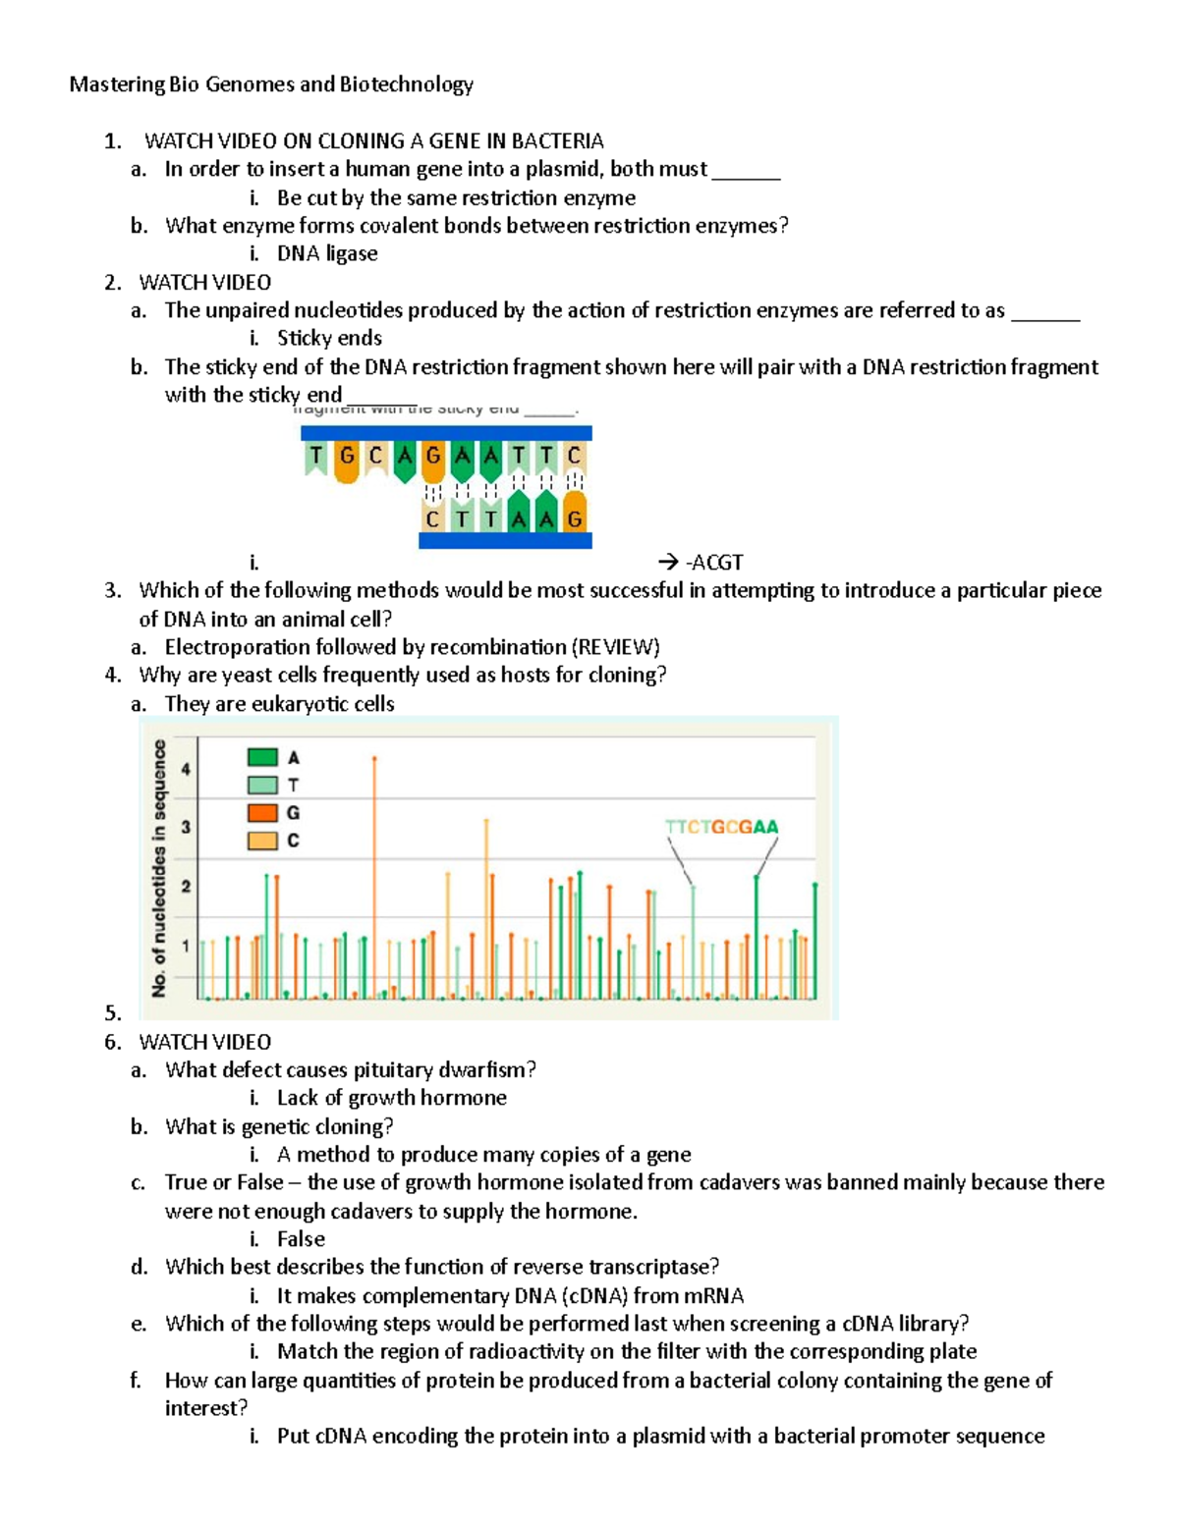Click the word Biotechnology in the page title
click(406, 84)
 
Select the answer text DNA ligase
click(327, 253)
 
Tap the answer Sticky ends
click(329, 338)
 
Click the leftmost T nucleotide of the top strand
click(315, 457)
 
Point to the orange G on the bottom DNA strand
click(575, 517)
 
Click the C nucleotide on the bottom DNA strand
click(432, 517)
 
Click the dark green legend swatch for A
click(262, 757)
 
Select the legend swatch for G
click(262, 813)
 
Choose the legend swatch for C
click(262, 841)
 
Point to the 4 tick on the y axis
click(186, 769)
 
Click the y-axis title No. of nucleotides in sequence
click(159, 869)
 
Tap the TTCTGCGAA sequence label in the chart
click(721, 827)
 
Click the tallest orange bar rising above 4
click(374, 874)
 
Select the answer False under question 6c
click(301, 1239)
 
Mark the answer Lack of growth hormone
click(391, 1098)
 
